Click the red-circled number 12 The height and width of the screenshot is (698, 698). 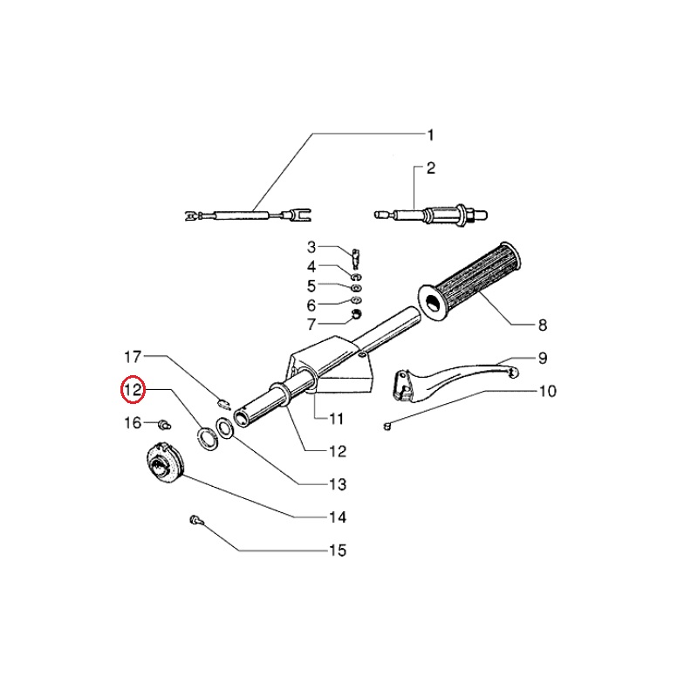click(x=133, y=390)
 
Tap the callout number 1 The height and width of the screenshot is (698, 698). click(x=430, y=135)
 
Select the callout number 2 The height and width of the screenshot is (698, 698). click(x=430, y=168)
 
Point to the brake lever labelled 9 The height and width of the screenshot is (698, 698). click(x=454, y=380)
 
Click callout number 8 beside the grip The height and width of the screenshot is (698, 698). click(x=542, y=325)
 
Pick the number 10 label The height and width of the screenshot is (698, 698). click(x=548, y=391)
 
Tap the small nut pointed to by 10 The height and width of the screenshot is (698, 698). click(x=387, y=427)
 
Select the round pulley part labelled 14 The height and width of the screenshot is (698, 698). click(x=164, y=462)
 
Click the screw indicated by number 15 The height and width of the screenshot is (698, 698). click(x=195, y=519)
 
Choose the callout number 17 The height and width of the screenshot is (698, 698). click(x=133, y=357)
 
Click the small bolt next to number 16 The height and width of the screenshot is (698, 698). click(x=164, y=424)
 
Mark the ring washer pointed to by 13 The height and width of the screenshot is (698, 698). click(x=225, y=428)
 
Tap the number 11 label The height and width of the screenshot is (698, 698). click(x=336, y=419)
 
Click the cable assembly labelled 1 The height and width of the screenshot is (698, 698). click(x=248, y=216)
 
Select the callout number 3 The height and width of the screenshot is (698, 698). click(x=311, y=247)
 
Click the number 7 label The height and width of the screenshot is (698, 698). click(x=311, y=325)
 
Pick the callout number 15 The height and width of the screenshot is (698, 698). click(x=338, y=551)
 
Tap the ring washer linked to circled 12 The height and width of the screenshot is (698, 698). click(x=207, y=438)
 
